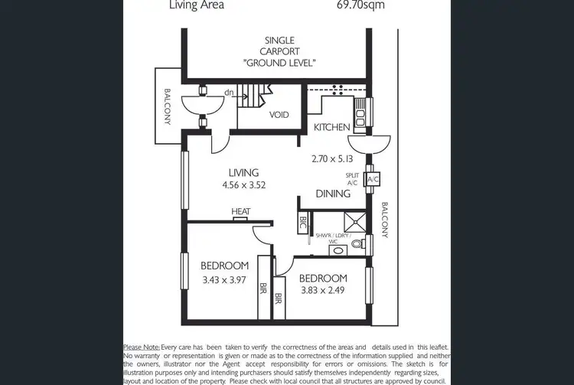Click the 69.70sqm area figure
coord(360,5)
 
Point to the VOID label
coord(279,115)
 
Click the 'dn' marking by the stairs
coord(229,93)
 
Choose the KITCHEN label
coord(332,127)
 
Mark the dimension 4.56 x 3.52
coord(243,185)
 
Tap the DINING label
coord(333,194)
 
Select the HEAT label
coord(241,212)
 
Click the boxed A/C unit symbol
coord(373,180)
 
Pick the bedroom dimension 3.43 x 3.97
coord(225,280)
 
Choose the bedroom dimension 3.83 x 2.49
coord(322,290)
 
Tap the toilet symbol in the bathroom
coord(356,245)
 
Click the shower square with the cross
coord(354,221)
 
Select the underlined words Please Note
coord(142,347)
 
